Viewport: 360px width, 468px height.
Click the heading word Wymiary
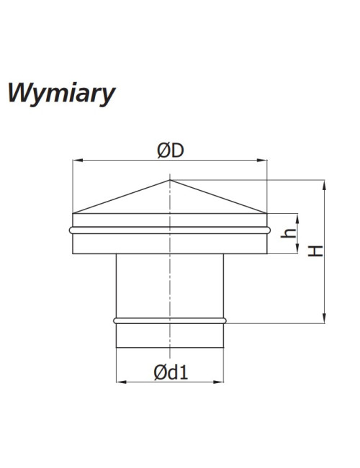pyautogui.click(x=61, y=94)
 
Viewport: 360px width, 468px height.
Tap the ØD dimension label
pyautogui.click(x=171, y=150)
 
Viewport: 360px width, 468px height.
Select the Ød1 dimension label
pyautogui.click(x=171, y=372)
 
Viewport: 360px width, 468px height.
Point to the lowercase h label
pyautogui.click(x=288, y=233)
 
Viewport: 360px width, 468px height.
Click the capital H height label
pyautogui.click(x=315, y=251)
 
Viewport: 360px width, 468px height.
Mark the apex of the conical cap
pyautogui.click(x=170, y=180)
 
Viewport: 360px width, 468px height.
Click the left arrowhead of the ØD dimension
pyautogui.click(x=78, y=161)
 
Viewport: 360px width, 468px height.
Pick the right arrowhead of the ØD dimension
pyautogui.click(x=262, y=161)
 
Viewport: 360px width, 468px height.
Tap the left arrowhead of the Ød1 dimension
pyautogui.click(x=122, y=382)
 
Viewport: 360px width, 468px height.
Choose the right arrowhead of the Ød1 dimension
pyautogui.click(x=218, y=382)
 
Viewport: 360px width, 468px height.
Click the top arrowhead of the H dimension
pyautogui.click(x=325, y=185)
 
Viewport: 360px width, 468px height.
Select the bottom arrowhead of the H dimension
pyautogui.click(x=325, y=318)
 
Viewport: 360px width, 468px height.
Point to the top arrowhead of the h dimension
pyautogui.click(x=297, y=219)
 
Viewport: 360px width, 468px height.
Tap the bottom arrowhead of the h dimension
pyautogui.click(x=297, y=248)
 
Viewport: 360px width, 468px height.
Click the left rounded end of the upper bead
pyautogui.click(x=71, y=230)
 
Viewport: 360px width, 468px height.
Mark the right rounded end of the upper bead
pyautogui.click(x=269, y=230)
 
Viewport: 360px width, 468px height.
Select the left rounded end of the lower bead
pyautogui.click(x=115, y=321)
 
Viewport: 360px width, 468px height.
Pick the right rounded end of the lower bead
pyautogui.click(x=225, y=321)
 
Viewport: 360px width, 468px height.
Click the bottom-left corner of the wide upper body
pyautogui.click(x=73, y=253)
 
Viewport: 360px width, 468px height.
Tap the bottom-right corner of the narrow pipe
pyautogui.click(x=223, y=348)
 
